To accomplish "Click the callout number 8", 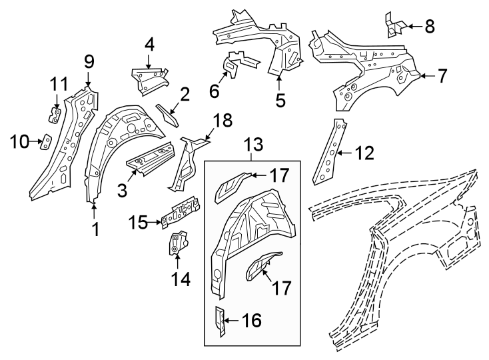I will coord(429,26).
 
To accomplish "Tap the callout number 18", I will coord(222,120).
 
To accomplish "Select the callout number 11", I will coord(59,85).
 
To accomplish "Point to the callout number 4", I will coord(149,45).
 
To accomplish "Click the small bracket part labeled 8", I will coord(394,25).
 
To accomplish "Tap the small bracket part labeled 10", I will coord(47,141).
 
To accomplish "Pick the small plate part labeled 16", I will coord(219,320).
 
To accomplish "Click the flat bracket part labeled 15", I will coord(179,213).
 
